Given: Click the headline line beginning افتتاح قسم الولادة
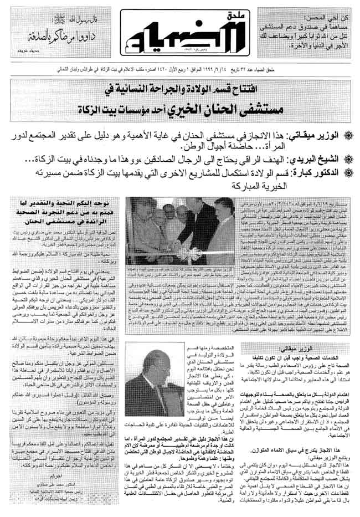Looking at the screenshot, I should pyautogui.click(x=186, y=89).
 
